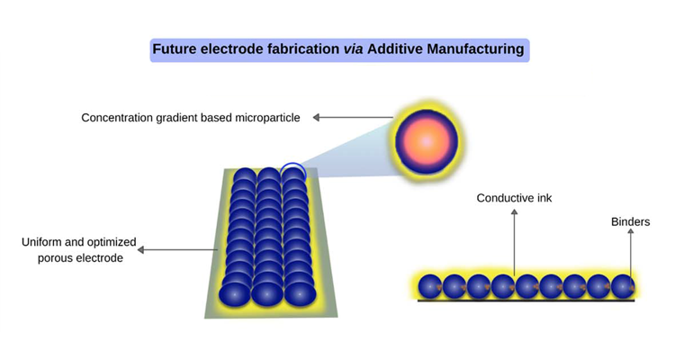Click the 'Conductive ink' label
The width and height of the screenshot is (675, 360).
(514, 198)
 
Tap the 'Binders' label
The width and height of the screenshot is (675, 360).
(630, 221)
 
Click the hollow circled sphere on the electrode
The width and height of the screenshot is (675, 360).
(292, 171)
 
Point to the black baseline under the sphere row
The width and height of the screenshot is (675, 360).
(526, 301)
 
